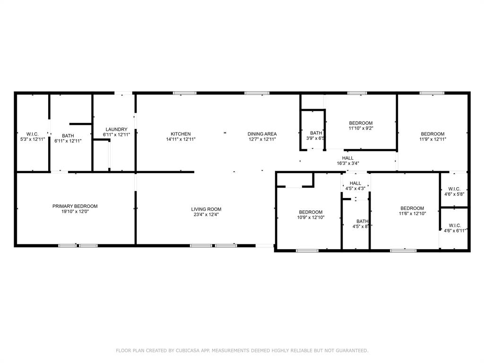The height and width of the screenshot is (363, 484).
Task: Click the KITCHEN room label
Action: [x=181, y=134]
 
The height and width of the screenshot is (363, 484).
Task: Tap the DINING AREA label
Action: [x=262, y=134]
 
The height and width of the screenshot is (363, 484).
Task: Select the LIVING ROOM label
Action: [x=206, y=209]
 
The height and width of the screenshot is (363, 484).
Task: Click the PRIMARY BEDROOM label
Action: [x=75, y=206]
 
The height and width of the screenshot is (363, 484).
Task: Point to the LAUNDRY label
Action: [x=116, y=130]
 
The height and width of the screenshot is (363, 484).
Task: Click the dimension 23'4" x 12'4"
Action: [x=206, y=215]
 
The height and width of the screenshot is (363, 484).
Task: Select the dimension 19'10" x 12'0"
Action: [x=75, y=212]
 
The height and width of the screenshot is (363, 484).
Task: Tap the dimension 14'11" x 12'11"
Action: [x=181, y=139]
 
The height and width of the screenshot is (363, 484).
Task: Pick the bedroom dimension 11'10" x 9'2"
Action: [x=361, y=128]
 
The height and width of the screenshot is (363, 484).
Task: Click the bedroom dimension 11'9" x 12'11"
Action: [x=432, y=139]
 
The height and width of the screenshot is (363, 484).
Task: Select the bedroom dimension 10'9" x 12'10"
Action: [x=310, y=217]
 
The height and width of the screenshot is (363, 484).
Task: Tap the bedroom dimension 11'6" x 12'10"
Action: [x=412, y=214]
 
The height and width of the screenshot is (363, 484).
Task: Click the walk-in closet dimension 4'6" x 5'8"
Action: [x=454, y=194]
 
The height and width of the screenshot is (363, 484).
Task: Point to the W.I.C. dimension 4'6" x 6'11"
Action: [x=454, y=231]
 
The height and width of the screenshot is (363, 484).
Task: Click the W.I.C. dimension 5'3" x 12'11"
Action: [x=32, y=139]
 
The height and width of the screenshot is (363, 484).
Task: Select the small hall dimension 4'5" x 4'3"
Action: [x=355, y=189]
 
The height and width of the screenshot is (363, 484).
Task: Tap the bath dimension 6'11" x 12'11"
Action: [x=68, y=141]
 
